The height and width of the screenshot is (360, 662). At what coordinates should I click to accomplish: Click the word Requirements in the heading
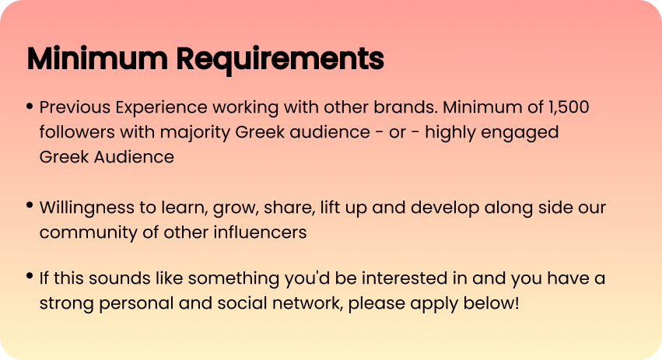click(x=280, y=58)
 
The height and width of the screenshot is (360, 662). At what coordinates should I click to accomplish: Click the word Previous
click(x=75, y=107)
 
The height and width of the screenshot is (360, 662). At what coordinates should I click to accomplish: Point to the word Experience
click(x=161, y=108)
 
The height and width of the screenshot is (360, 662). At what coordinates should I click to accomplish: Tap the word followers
click(x=77, y=132)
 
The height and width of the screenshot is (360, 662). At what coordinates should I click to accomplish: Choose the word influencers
click(x=260, y=232)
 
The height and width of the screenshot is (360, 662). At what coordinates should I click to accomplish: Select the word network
click(x=308, y=303)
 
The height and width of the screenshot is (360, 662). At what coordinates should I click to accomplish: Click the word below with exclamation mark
click(x=492, y=303)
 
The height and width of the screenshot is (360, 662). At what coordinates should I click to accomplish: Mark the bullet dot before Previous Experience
click(x=30, y=106)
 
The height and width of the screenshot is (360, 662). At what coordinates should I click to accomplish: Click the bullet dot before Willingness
click(x=30, y=205)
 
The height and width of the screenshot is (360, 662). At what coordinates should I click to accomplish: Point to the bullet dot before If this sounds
click(x=30, y=276)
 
